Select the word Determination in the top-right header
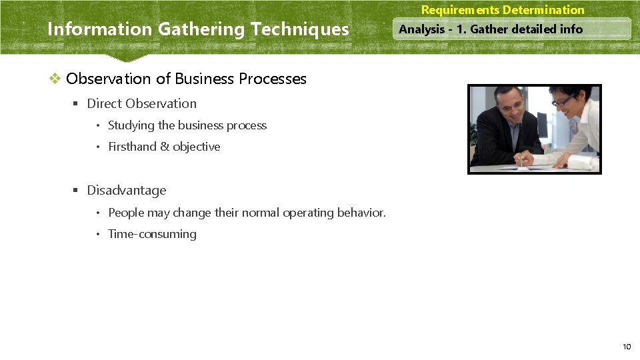click(543, 10)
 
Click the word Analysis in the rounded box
click(421, 29)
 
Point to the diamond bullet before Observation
click(55, 79)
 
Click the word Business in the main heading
click(205, 79)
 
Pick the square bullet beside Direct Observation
click(76, 104)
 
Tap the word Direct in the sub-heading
click(104, 103)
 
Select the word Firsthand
click(132, 147)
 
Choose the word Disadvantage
click(127, 191)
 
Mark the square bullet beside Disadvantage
click(76, 191)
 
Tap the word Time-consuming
click(152, 234)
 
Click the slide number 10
click(627, 346)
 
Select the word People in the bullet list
click(125, 213)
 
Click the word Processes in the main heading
click(273, 79)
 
